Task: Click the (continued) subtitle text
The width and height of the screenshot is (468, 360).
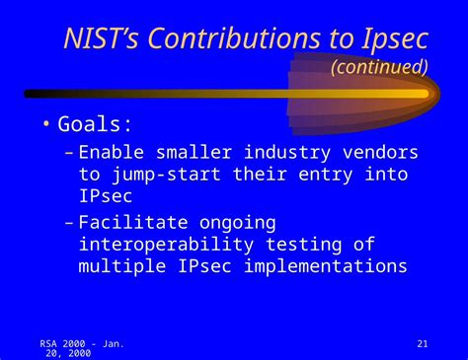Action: click(379, 67)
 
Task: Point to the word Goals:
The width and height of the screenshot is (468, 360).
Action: click(96, 125)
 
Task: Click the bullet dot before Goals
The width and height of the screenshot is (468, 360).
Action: click(45, 125)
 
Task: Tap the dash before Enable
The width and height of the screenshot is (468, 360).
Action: click(67, 153)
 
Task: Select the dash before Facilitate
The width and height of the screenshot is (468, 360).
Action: click(67, 223)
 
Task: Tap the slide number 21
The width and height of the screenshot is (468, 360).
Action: click(423, 343)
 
